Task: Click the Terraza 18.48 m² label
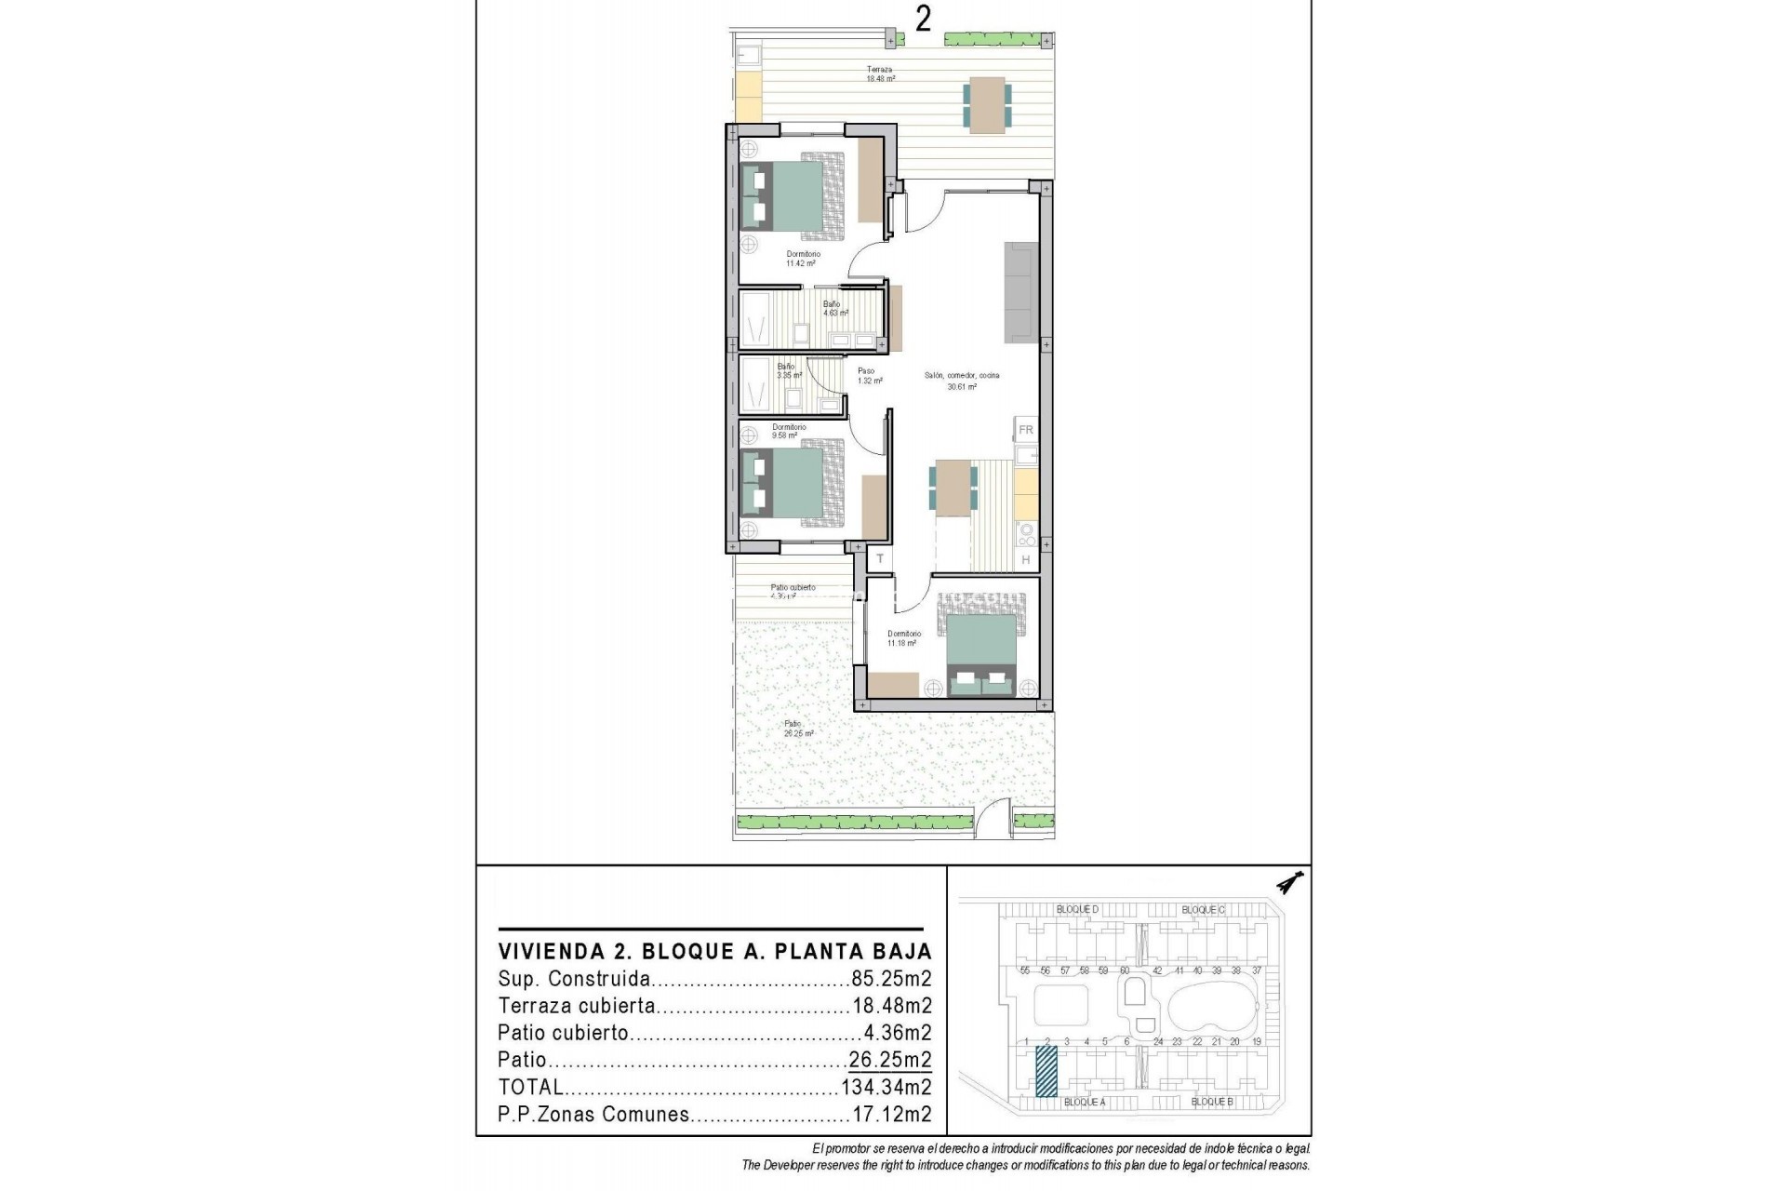880,74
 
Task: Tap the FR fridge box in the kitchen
1026,430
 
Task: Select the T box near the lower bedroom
879,559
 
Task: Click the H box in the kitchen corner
1026,559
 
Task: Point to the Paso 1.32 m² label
866,376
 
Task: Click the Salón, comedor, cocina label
962,381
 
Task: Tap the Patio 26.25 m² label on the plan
797,729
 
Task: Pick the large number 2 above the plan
923,20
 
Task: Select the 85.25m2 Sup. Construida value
891,979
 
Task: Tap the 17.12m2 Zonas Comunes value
891,1115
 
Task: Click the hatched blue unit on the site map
1046,1072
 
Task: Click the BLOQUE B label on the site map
1211,1102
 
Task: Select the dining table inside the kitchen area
953,487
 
